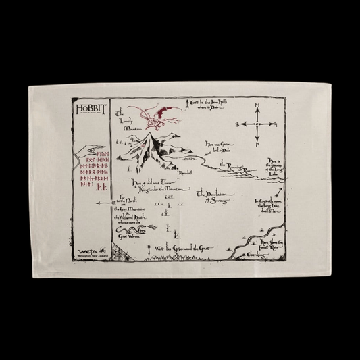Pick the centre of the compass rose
[256, 125]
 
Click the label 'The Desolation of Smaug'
[215, 197]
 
